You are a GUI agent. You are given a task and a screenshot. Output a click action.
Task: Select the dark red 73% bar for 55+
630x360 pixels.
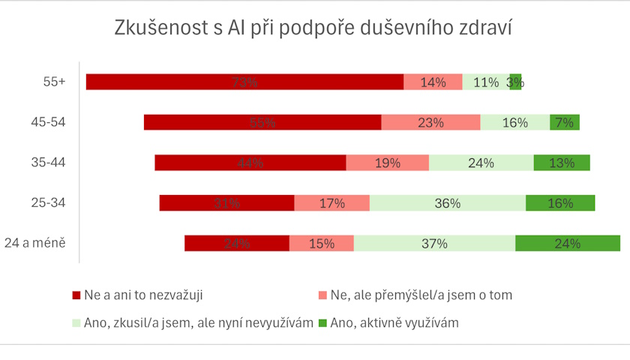coord(244,82)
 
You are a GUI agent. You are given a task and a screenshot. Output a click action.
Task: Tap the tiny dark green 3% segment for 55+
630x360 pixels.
coord(515,82)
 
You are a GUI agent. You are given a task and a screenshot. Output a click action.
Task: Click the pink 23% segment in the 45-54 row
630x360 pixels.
coord(430,123)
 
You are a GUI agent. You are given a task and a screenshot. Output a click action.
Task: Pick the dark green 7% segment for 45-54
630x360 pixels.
coord(564,123)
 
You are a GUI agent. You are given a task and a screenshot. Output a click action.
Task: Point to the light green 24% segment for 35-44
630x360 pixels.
coord(481,163)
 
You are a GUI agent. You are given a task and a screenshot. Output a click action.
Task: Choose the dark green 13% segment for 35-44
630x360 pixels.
coord(562,163)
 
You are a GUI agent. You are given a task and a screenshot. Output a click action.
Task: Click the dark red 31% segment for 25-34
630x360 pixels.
coord(226,203)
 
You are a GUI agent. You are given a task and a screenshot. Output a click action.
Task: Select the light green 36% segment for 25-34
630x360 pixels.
coord(448,203)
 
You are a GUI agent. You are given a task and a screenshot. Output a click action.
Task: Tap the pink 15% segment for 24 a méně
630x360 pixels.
coord(321,243)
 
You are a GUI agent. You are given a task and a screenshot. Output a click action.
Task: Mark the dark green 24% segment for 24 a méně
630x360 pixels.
coord(568,243)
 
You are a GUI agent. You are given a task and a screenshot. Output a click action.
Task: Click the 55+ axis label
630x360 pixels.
coord(55,82)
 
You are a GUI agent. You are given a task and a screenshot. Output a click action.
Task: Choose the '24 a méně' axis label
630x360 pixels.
coord(36,243)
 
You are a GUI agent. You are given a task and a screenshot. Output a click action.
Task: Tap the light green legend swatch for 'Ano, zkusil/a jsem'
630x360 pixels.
coord(76,323)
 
